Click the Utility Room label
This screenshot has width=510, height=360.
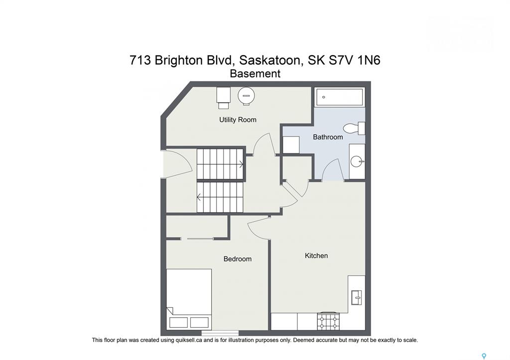click(x=238, y=120)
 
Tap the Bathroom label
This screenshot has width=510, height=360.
click(x=328, y=137)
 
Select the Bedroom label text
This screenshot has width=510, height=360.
click(x=238, y=259)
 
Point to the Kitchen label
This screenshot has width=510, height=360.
click(x=316, y=255)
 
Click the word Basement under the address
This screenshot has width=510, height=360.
click(x=255, y=74)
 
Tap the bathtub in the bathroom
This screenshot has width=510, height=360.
click(x=340, y=97)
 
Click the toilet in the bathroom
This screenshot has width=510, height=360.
click(x=354, y=128)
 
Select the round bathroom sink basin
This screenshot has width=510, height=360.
click(x=357, y=161)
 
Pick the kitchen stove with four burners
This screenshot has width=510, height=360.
click(x=328, y=322)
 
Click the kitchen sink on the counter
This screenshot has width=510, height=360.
click(x=357, y=297)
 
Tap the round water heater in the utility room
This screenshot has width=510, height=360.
click(x=246, y=96)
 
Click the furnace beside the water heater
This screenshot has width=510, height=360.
click(x=224, y=98)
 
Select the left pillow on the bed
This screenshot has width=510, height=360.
click(x=179, y=322)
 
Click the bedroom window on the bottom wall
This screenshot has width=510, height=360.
click(x=220, y=333)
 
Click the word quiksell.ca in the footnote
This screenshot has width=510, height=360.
click(x=189, y=340)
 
